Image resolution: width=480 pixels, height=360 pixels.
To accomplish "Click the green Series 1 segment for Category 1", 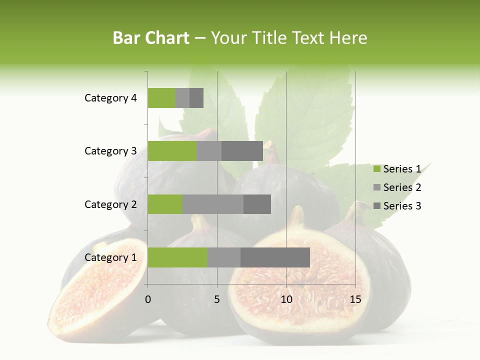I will pos(177,257).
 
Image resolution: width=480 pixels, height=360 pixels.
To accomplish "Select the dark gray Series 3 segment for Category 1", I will pos(275,257).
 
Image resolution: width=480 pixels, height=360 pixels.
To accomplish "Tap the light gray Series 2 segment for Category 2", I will pos(213,204).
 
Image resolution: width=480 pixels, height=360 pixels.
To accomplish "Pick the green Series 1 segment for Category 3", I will pos(172,151).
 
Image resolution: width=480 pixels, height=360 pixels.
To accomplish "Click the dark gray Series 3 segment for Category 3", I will pos(242,151).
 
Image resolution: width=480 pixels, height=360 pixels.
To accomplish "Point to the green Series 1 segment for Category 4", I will pos(161,98).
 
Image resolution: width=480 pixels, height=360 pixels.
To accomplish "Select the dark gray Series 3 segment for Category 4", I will pos(196,98).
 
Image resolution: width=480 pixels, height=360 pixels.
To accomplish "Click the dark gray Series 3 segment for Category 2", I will pos(257,204).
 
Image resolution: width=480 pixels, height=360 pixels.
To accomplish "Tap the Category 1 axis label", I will pos(110,257).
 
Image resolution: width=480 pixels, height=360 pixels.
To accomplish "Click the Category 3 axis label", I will pos(110,151).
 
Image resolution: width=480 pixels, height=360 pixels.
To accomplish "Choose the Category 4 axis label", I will pos(110,98).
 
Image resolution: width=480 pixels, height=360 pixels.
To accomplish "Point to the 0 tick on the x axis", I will pos(148,299).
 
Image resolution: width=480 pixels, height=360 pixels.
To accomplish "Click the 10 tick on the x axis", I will pos(286,299).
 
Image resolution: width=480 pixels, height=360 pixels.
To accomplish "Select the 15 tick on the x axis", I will pos(355,299).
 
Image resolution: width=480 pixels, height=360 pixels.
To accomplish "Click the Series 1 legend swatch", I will pos(376,169).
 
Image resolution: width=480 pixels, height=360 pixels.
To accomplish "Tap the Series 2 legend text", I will pos(402,187).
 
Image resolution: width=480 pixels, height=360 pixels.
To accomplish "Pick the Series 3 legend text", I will pos(402,206).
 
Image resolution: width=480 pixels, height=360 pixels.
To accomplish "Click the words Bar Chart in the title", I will pos(151,38).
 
